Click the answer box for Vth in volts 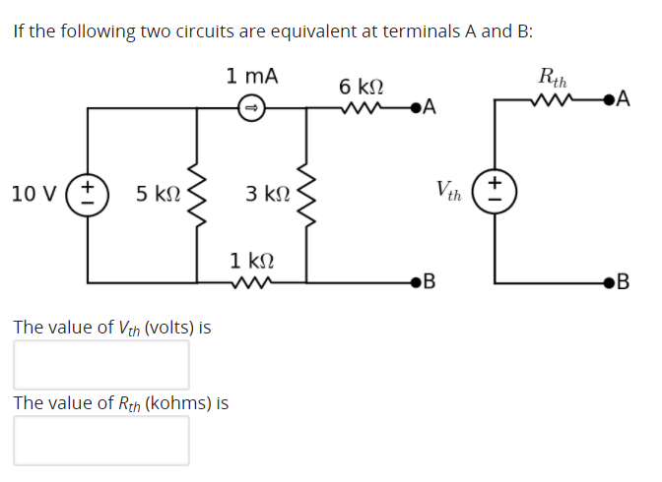101,363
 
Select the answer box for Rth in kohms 101,440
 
